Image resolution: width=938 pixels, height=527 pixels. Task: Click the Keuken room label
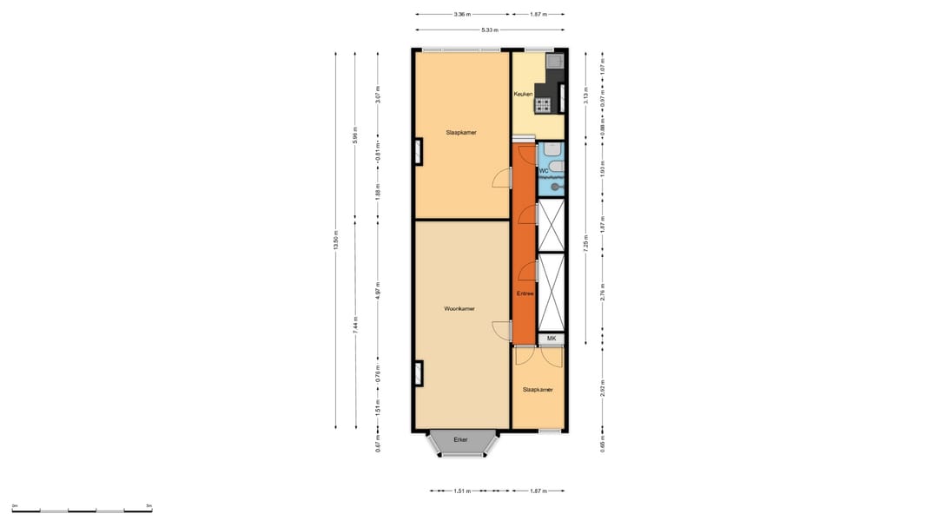tap(523, 94)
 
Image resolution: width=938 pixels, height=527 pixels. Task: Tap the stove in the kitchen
tap(544, 105)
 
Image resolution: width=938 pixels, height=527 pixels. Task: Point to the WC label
tap(544, 171)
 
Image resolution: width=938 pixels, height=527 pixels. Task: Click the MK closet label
tap(551, 338)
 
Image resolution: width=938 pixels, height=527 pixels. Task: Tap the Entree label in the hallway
tap(525, 294)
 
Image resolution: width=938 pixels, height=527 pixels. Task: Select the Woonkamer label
tap(459, 309)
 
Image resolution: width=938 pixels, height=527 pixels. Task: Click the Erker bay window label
tap(460, 440)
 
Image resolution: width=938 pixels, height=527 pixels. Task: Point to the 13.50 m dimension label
tap(336, 239)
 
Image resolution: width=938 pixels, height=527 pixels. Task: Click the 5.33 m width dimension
tap(490, 30)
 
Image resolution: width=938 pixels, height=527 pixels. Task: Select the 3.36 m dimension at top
tap(462, 14)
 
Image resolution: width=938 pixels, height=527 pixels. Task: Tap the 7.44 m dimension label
tap(356, 324)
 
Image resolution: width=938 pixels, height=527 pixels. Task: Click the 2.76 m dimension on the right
tap(603, 293)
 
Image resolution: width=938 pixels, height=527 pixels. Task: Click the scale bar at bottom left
tap(82, 511)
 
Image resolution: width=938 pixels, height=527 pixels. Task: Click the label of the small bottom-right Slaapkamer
tap(538, 390)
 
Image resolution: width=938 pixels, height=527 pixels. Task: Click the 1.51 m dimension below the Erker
tap(463, 491)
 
